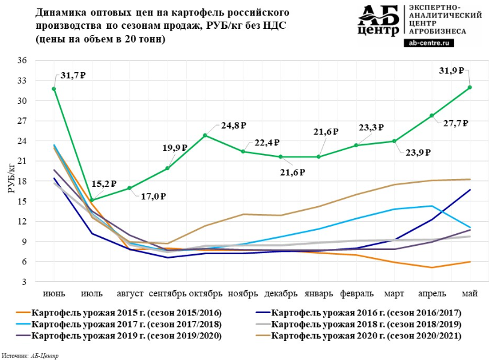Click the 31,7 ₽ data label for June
73,76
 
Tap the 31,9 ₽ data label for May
451,70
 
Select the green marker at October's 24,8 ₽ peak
205,135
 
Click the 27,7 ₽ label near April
456,123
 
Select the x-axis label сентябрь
167,294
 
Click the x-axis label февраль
356,294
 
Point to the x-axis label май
469,294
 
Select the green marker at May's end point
470,87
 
